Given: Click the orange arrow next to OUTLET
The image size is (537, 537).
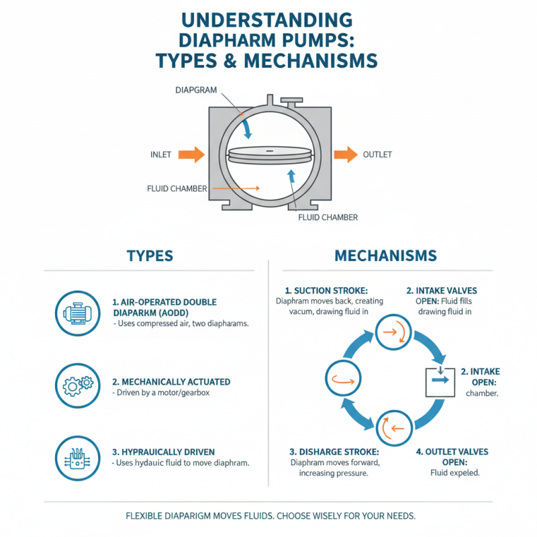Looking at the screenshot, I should (x=345, y=154).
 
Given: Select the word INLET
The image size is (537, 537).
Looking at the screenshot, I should (x=160, y=155).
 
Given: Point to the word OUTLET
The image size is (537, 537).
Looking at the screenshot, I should (x=377, y=155).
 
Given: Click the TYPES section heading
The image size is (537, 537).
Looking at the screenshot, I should (x=150, y=256).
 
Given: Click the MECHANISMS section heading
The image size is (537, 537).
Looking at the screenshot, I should (x=385, y=256).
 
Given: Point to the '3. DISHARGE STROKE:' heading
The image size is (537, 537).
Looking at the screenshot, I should (x=325, y=451).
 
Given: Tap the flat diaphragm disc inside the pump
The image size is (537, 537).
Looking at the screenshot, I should (x=270, y=156).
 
